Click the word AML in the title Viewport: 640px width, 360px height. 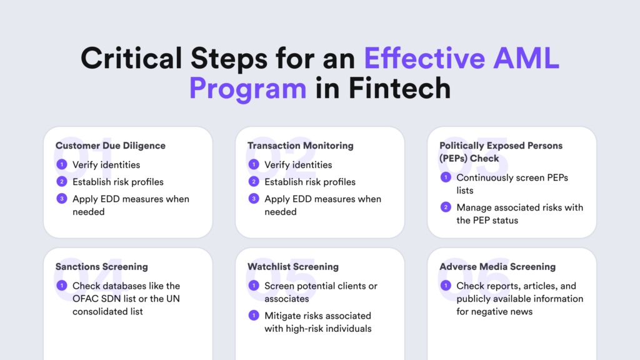coord(526,58)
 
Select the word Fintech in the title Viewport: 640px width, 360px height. coord(399,88)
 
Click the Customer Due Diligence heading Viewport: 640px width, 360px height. coord(111,146)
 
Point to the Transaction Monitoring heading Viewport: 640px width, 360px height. coord(301,146)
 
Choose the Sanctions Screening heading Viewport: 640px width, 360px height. coord(102,266)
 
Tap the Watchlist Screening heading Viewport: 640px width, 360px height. coord(293,266)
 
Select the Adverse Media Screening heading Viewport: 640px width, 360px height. coord(497,266)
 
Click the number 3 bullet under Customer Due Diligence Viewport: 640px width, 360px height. coord(62,199)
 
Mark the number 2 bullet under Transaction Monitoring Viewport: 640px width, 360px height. coord(254,182)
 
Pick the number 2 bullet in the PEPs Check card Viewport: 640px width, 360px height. coord(446,207)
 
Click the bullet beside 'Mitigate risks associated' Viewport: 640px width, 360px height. coord(254,316)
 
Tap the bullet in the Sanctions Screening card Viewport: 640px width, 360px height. coord(62,286)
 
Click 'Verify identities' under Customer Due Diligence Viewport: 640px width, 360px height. coord(106,165)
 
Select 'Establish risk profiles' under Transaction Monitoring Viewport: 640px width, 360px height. coord(310,182)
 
